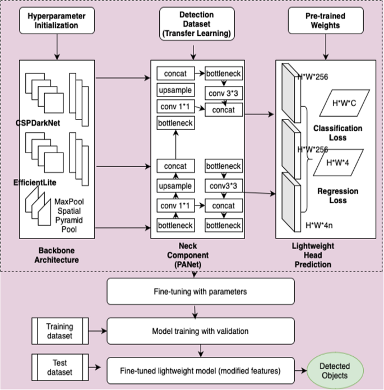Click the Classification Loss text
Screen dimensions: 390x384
click(x=337, y=132)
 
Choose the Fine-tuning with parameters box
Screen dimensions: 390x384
click(x=200, y=292)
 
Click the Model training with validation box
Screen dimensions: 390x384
click(x=200, y=331)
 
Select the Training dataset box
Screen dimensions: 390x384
click(x=59, y=331)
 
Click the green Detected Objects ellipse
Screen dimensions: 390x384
click(x=334, y=370)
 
